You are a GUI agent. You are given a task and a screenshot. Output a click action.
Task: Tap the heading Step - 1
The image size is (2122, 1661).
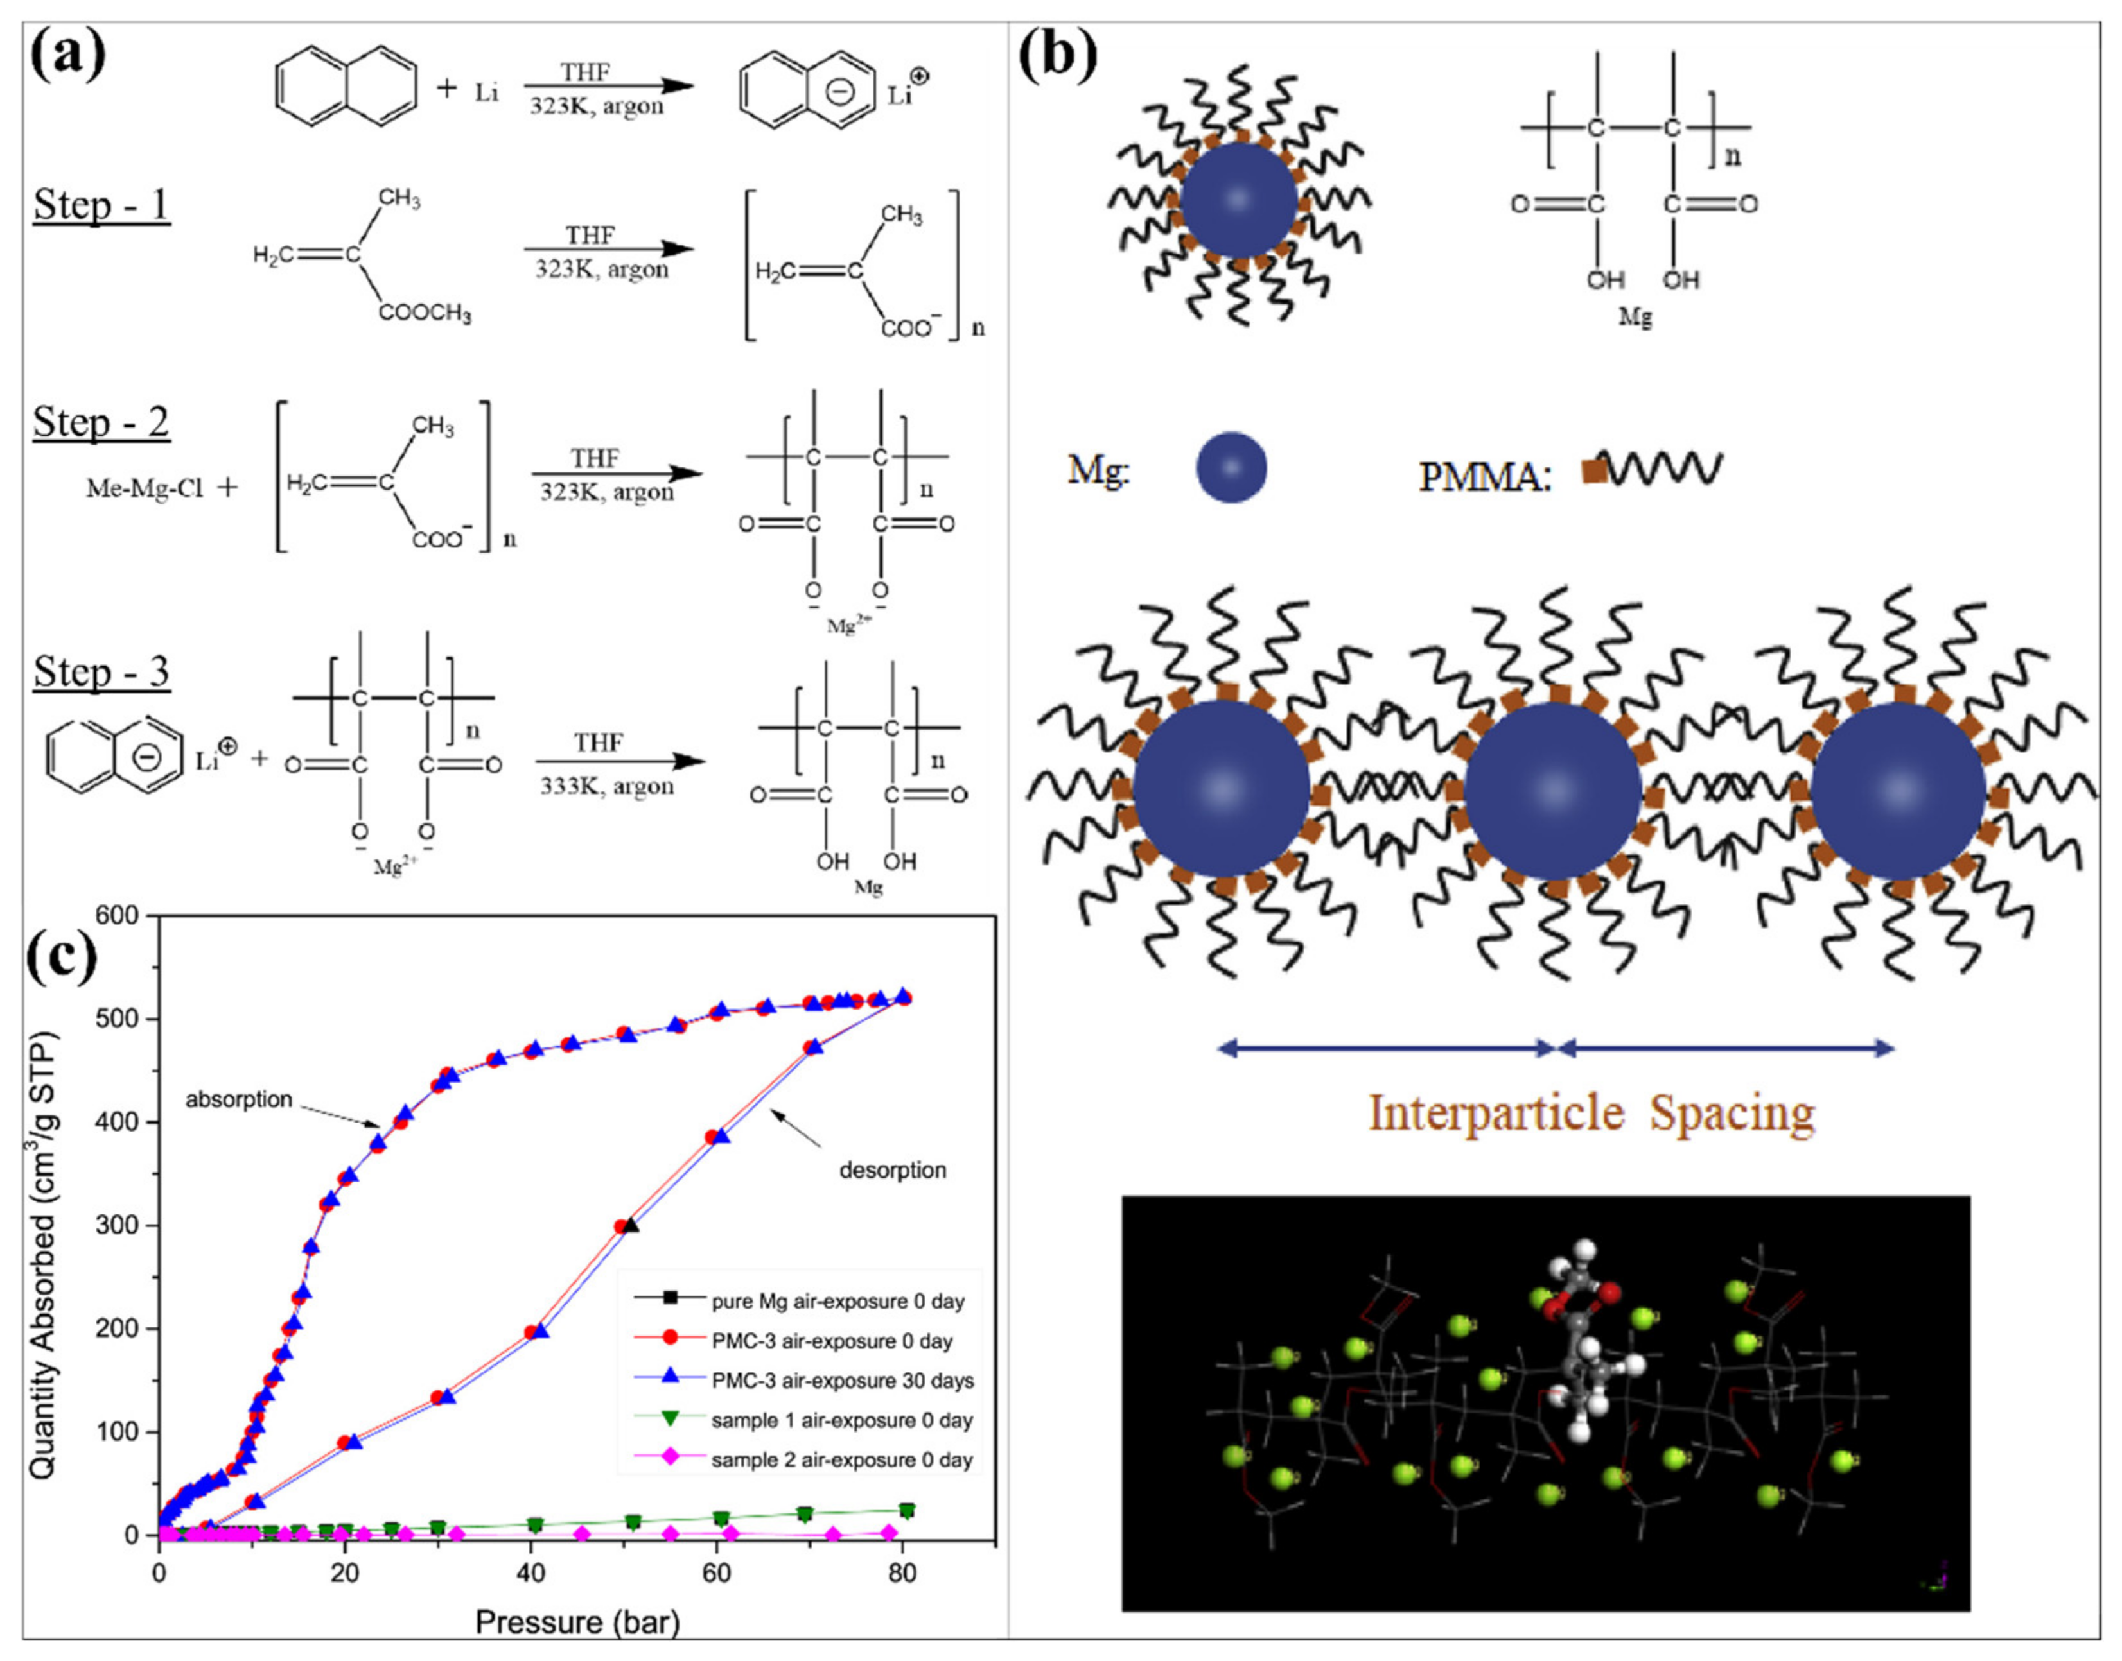pos(101,206)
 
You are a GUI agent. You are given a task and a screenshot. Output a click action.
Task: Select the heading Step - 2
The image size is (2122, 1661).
pos(101,423)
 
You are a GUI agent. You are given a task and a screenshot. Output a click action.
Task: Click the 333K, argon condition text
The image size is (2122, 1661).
pos(607,786)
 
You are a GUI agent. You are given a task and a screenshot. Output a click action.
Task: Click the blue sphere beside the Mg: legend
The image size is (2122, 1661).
pos(1231,468)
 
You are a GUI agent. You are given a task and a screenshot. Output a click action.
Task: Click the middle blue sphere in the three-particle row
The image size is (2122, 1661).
pos(1553,789)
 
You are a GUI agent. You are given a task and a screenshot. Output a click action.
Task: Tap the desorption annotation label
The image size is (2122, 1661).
pos(892,1170)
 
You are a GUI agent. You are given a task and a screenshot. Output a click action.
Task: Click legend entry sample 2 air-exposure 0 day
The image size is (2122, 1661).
pos(841,1459)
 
